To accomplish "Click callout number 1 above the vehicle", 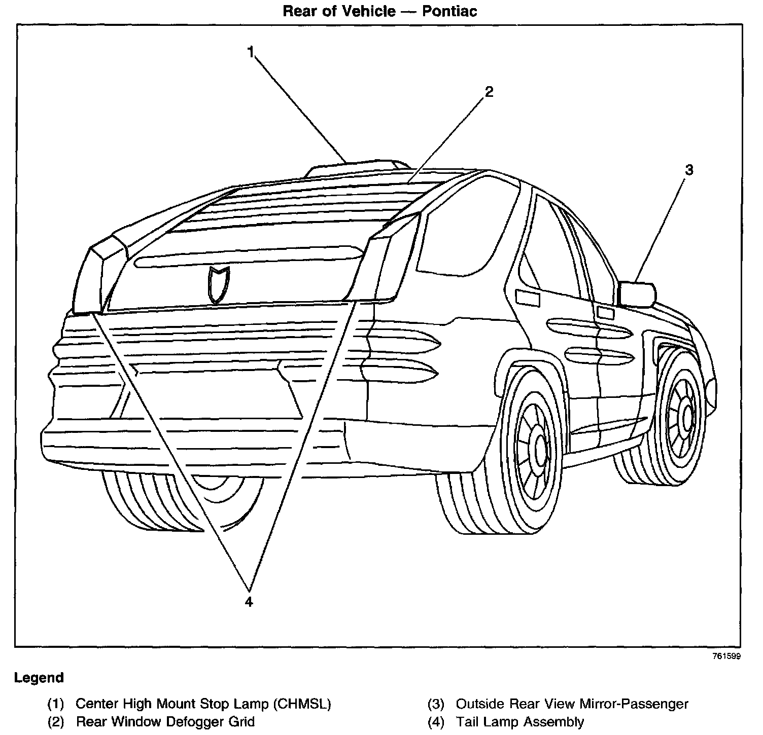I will click(x=251, y=52).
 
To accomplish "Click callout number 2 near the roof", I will click(x=489, y=92).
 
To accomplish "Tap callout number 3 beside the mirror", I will click(x=688, y=170).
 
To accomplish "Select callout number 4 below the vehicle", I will click(x=249, y=602).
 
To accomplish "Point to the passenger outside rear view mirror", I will click(x=637, y=294).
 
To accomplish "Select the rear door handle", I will click(x=528, y=298).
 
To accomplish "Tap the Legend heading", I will click(x=39, y=678).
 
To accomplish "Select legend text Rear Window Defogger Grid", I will click(x=165, y=721).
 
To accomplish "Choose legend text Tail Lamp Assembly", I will click(x=520, y=721).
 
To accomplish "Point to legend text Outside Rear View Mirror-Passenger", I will click(x=572, y=704).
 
